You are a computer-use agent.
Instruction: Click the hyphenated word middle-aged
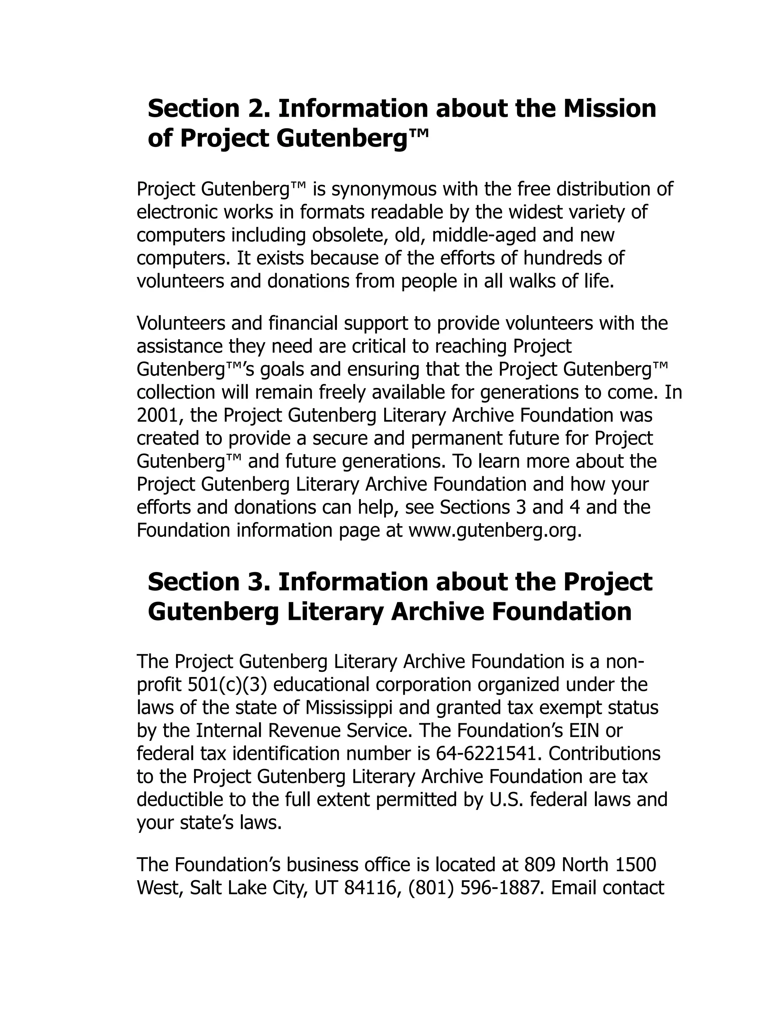(x=484, y=235)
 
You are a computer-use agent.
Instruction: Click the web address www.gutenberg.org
(x=494, y=530)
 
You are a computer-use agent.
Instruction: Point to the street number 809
(x=540, y=865)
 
